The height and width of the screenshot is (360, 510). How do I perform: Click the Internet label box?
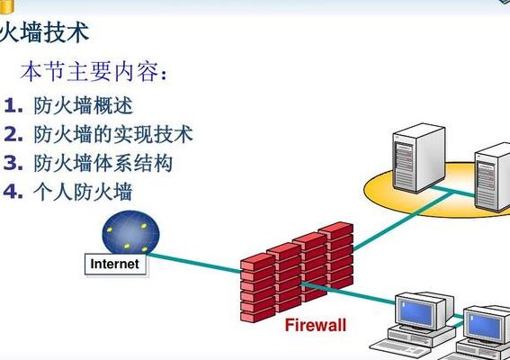(x=115, y=265)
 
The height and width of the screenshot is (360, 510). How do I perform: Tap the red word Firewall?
(x=316, y=325)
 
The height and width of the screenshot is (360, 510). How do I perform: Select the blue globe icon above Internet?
(x=130, y=232)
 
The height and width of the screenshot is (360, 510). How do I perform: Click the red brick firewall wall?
(x=297, y=272)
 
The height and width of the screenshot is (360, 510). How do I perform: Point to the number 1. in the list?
(x=13, y=106)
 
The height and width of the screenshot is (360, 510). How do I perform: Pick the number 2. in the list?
(x=13, y=134)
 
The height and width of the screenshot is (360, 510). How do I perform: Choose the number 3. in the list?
(x=13, y=163)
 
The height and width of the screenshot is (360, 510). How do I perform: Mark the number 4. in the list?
(x=13, y=191)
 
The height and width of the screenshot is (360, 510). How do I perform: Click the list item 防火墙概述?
(x=84, y=105)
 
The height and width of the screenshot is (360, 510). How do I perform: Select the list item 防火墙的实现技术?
(x=113, y=134)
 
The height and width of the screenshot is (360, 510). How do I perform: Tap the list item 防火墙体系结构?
(x=103, y=163)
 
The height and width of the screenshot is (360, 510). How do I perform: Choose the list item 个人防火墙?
(x=83, y=192)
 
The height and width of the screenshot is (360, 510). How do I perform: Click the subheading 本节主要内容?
(x=94, y=71)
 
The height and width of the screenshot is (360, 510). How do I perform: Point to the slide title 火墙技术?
(x=44, y=32)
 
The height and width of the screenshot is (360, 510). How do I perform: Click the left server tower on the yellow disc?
(x=418, y=157)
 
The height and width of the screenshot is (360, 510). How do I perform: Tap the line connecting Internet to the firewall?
(x=194, y=263)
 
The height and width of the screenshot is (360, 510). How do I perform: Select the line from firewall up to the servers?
(x=403, y=221)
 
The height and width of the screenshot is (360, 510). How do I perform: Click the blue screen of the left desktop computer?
(x=418, y=313)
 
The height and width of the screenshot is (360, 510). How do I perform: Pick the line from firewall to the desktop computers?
(x=349, y=294)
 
